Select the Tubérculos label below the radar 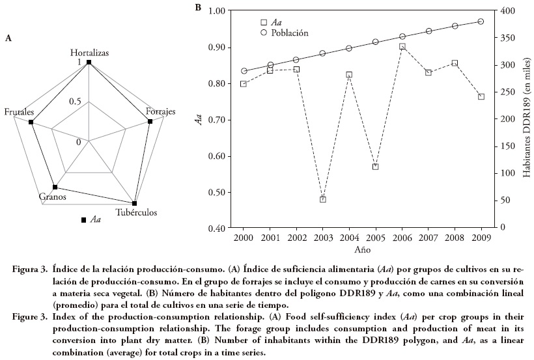[x=136, y=212]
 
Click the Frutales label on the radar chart [x=19, y=113]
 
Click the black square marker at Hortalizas [x=89, y=62]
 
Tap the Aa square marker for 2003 [x=323, y=199]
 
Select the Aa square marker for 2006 [x=402, y=46]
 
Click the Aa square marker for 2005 [x=376, y=167]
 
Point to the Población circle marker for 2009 [x=481, y=21]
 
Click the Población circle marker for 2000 [x=244, y=71]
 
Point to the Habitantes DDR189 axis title [x=526, y=120]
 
